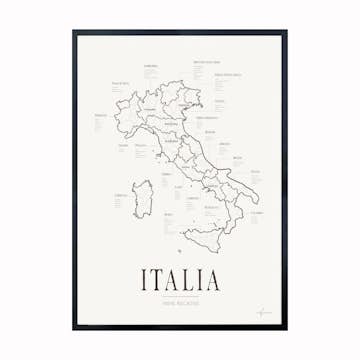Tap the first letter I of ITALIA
[x=146, y=277]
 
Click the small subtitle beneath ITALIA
[x=181, y=299]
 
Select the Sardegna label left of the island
[x=122, y=195]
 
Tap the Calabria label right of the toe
[x=256, y=213]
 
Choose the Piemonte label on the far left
[x=100, y=115]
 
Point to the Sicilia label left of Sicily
[x=167, y=213]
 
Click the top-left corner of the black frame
[x=73, y=31]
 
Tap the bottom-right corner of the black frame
[x=286, y=329]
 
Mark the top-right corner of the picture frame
[x=286, y=31]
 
